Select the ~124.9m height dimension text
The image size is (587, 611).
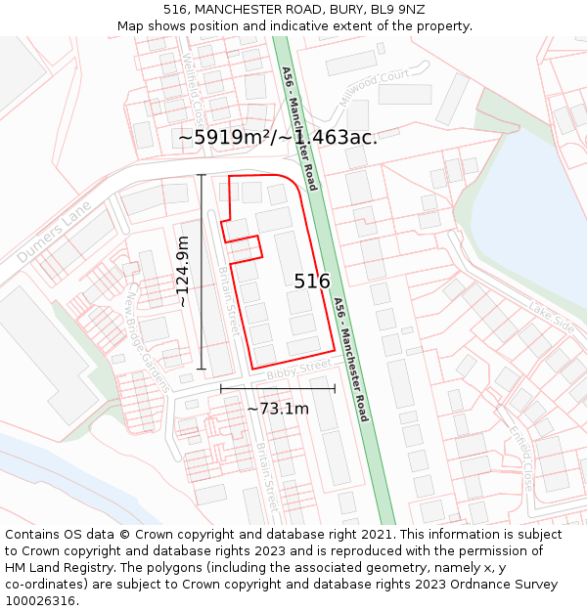click(182, 271)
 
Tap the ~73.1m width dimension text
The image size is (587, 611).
click(278, 408)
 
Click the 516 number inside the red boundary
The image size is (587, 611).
click(312, 282)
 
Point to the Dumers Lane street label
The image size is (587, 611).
click(54, 232)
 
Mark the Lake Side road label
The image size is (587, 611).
click(552, 318)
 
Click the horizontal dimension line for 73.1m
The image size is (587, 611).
click(278, 388)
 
